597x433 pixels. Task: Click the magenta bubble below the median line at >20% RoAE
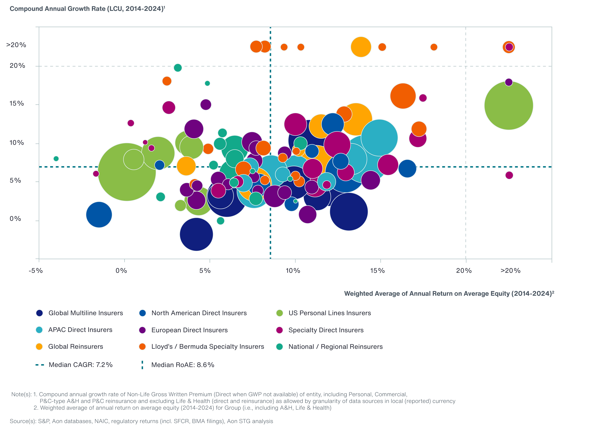(x=509, y=175)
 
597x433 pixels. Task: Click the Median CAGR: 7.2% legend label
(x=81, y=365)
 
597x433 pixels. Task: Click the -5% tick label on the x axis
(x=36, y=271)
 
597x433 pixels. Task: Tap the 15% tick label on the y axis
(x=17, y=104)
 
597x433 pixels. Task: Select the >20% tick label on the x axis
(x=510, y=271)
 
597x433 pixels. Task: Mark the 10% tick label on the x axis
(x=293, y=271)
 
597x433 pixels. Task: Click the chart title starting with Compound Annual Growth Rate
(x=87, y=9)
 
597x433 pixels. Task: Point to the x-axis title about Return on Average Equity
(x=449, y=293)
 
